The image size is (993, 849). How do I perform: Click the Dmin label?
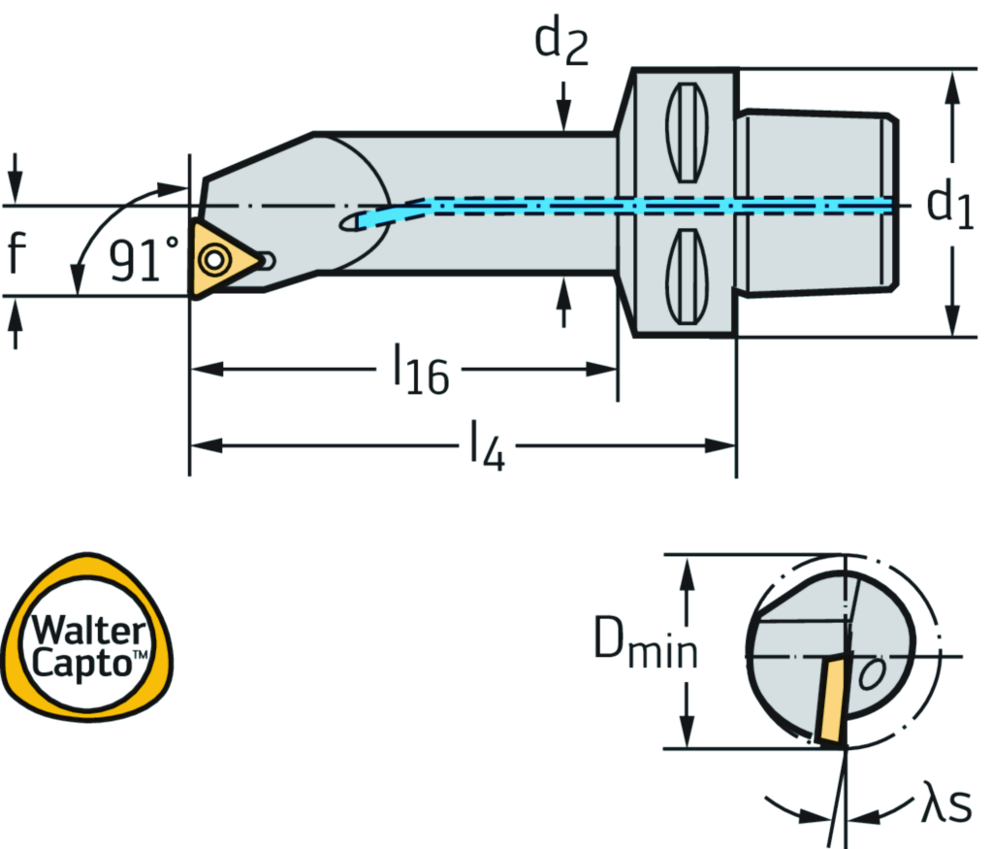coord(645,647)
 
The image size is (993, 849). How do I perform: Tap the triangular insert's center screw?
coord(213,260)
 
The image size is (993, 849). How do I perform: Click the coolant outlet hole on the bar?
coord(351,223)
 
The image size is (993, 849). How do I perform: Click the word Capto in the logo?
coord(82,664)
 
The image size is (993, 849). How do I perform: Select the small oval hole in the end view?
coord(873,672)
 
